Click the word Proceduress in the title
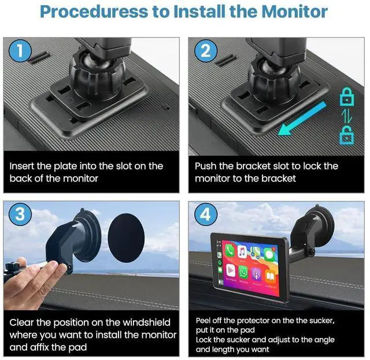(94, 12)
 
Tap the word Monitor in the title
(294, 12)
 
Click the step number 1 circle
(20, 51)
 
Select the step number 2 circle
(206, 51)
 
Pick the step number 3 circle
(20, 214)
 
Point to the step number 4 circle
(206, 214)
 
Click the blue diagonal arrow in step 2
(302, 119)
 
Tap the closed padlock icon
(347, 97)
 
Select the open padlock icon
(347, 135)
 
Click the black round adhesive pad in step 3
(126, 238)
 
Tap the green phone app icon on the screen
(230, 250)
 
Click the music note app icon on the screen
(242, 252)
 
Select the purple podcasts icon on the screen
(257, 274)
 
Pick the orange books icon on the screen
(271, 276)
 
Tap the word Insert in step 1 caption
(22, 166)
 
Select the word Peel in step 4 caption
(203, 321)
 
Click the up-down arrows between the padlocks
(347, 116)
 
